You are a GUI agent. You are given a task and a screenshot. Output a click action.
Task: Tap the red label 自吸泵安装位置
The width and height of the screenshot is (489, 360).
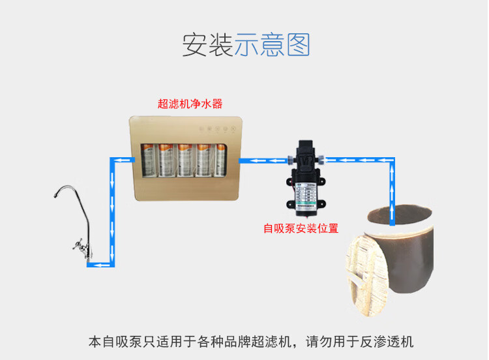point(301,228)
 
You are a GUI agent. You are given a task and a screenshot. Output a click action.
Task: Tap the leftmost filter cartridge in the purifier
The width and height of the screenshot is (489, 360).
point(147,160)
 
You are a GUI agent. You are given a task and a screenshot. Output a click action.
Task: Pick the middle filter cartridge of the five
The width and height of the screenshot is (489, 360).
point(185,160)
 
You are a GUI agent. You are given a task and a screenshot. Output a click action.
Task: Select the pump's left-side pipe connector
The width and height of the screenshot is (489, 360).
point(288,158)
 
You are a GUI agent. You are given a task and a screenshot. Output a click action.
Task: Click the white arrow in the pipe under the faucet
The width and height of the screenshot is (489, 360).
point(99,264)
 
